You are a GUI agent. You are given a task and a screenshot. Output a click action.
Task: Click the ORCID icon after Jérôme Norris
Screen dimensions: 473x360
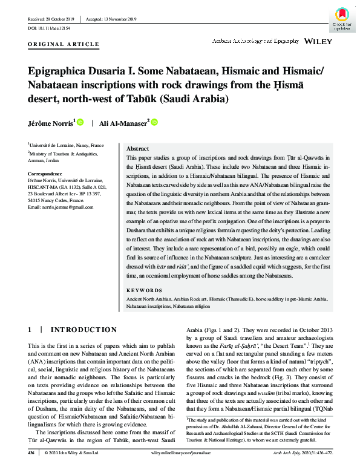[79, 123]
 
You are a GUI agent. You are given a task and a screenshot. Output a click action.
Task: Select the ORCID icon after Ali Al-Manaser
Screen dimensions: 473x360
[154, 123]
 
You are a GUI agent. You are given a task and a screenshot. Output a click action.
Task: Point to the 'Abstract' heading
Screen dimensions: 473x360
[137, 149]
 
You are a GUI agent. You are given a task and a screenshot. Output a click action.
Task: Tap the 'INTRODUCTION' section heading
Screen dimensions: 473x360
[83, 330]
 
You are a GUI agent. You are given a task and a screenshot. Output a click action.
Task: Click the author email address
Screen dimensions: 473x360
[61, 207]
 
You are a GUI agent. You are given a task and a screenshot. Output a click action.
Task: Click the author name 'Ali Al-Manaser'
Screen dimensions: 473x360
[124, 123]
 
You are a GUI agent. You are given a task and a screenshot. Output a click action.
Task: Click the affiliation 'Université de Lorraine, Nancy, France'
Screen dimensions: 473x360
[67, 145]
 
